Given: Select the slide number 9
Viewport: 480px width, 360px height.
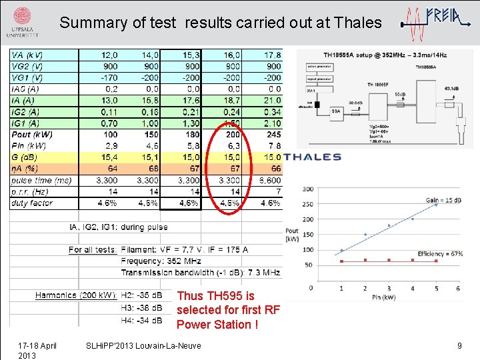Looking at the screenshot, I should [459, 345].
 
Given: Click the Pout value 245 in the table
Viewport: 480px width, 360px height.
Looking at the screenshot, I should [273, 135].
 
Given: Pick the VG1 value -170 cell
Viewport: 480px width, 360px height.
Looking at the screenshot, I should [109, 77].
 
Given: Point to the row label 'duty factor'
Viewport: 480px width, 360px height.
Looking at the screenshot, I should [32, 203].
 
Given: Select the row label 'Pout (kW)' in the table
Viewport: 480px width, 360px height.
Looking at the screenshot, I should [32, 135].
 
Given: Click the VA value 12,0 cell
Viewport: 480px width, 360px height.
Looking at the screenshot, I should [109, 55].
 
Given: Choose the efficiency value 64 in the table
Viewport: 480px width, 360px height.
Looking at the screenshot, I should [112, 169].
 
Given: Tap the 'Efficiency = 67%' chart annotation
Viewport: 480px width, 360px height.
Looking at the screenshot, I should [440, 254].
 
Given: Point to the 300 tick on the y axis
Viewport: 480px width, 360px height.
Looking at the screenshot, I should [307, 189].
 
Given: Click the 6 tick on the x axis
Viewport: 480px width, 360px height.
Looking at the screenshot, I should [457, 289].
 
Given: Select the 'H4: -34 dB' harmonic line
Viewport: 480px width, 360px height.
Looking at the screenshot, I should [141, 320].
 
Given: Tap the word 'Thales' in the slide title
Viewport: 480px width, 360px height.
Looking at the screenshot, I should [359, 23].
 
